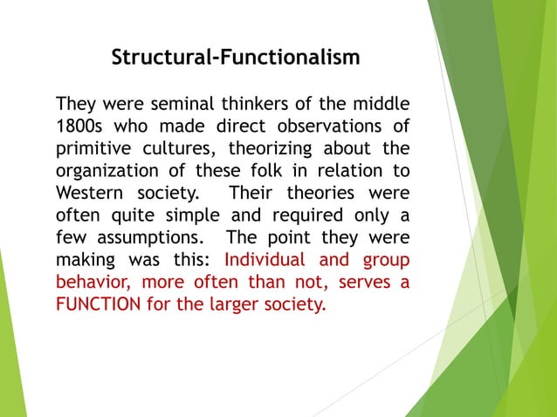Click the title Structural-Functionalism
(x=236, y=58)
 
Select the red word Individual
(x=266, y=260)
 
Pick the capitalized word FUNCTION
(x=100, y=305)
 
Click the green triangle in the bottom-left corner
(x=10, y=366)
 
